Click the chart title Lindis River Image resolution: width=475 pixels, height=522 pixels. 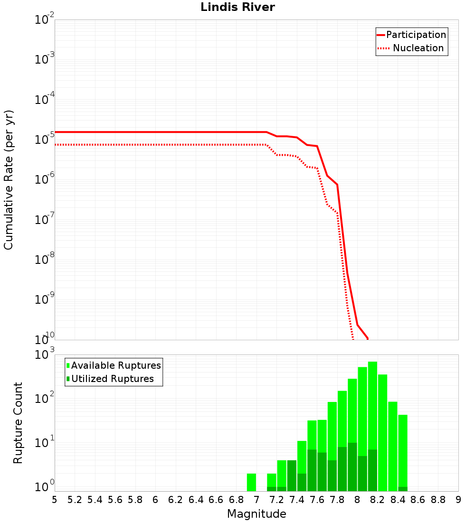coord(237,7)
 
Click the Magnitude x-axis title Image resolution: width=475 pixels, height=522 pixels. coord(256,514)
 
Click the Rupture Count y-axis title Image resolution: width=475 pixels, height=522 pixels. coord(18,423)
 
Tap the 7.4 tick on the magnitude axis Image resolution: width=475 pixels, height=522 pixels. coord(297,500)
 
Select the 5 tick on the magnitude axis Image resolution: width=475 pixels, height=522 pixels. coord(55,500)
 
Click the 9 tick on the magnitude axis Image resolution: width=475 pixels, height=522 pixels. coord(458,500)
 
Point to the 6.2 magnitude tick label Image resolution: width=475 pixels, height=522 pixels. coord(176,500)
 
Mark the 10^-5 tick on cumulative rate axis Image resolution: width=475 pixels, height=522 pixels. coord(45,140)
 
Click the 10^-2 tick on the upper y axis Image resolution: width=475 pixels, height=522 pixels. coord(45,20)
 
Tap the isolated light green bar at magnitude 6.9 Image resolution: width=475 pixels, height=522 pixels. coord(251,482)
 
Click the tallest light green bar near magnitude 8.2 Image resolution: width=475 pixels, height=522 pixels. coord(372,403)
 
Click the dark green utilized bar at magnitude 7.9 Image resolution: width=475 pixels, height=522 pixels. coord(352,467)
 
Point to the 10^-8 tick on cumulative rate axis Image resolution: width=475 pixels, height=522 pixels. coord(45,260)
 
